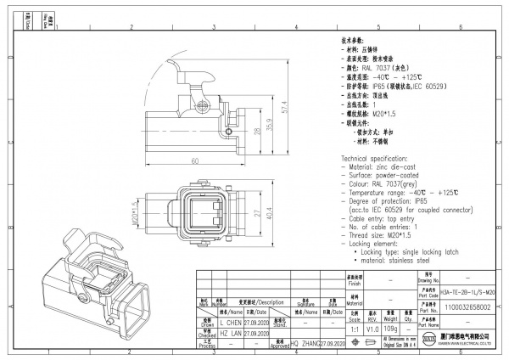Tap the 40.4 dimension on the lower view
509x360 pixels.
270,216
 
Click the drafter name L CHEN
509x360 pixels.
232,323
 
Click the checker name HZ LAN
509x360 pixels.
231,335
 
